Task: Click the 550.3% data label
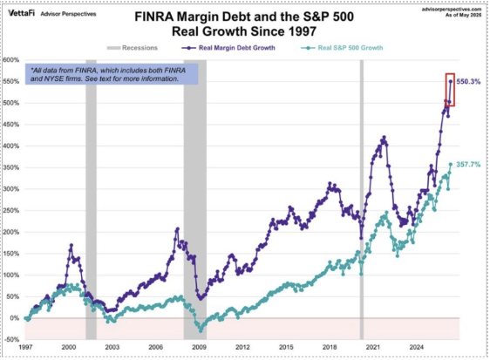tap(468, 82)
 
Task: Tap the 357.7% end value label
tap(468, 165)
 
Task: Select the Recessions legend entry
tap(133, 48)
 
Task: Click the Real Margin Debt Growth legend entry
tap(228, 48)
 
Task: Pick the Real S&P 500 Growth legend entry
tap(342, 48)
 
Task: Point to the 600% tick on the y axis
tap(11, 60)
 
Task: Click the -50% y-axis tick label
tap(12, 340)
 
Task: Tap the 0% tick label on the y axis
tap(14, 318)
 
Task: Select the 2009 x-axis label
tap(199, 347)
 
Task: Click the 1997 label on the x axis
tap(25, 347)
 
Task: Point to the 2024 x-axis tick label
tap(416, 347)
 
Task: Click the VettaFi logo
tap(21, 13)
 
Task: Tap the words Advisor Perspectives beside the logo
tap(68, 14)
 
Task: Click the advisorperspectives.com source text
tap(452, 10)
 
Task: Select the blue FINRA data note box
tap(112, 74)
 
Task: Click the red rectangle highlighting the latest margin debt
tap(446, 90)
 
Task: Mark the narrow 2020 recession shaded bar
tap(362, 200)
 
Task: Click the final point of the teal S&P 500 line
tap(451, 164)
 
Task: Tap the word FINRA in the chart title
tap(153, 17)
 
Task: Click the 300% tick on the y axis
tap(11, 189)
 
